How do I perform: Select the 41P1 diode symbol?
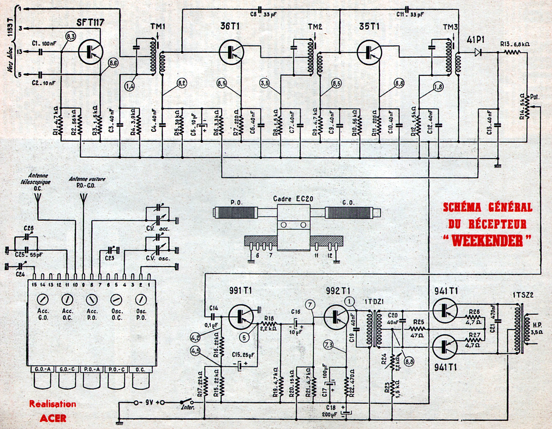(477, 52)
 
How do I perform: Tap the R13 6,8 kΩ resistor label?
(515, 45)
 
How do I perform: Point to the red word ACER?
(53, 418)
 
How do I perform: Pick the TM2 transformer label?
(315, 27)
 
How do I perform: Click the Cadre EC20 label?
(293, 199)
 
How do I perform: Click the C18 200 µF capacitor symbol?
(346, 413)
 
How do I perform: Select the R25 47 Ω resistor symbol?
(417, 329)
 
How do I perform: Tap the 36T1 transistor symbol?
(231, 52)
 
